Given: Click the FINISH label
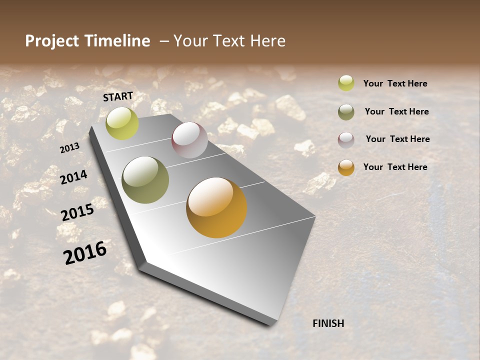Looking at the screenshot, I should (328, 323).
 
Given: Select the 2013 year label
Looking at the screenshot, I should (69, 147).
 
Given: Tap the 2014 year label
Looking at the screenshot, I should (73, 177).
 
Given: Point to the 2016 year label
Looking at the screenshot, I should (85, 252).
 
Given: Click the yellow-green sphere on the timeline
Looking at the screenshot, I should (122, 123).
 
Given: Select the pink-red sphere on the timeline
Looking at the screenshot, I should (189, 139).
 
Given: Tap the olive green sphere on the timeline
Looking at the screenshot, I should (145, 180).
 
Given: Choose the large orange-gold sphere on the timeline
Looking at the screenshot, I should (216, 207).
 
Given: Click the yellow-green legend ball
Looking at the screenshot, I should (346, 83).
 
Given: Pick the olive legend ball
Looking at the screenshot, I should (346, 111).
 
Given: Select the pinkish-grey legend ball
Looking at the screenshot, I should (346, 139).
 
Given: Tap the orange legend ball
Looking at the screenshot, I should (346, 167).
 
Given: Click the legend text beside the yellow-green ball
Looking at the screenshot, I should (395, 83).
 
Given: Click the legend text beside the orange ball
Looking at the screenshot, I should (395, 167).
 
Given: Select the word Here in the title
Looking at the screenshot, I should (267, 41).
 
